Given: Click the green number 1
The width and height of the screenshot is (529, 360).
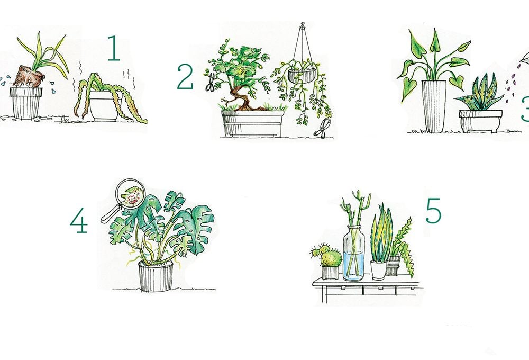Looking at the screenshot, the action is [114, 48].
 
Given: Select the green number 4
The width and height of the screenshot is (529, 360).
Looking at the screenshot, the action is [79, 220].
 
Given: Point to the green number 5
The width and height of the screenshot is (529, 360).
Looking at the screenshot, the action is [434, 211].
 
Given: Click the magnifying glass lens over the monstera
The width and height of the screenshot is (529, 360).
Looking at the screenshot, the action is [130, 194].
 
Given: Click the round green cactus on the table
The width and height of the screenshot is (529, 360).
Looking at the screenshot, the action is [331, 258].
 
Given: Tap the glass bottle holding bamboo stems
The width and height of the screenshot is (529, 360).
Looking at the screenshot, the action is [353, 253].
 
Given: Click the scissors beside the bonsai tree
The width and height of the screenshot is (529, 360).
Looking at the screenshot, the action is [210, 82].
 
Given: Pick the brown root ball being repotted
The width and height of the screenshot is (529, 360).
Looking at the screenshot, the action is [29, 77].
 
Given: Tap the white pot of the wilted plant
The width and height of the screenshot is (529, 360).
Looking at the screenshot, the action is [105, 105].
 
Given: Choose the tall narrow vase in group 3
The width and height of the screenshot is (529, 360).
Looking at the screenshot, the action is [434, 106].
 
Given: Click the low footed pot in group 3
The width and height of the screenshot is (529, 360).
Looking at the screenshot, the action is [480, 121].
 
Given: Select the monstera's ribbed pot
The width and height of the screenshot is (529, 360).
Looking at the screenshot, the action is [156, 276].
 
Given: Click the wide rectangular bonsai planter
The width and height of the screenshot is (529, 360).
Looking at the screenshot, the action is [253, 123].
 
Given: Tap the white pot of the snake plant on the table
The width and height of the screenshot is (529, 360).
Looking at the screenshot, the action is [379, 270].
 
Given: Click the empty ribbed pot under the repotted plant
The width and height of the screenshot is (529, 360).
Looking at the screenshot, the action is [26, 103].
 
